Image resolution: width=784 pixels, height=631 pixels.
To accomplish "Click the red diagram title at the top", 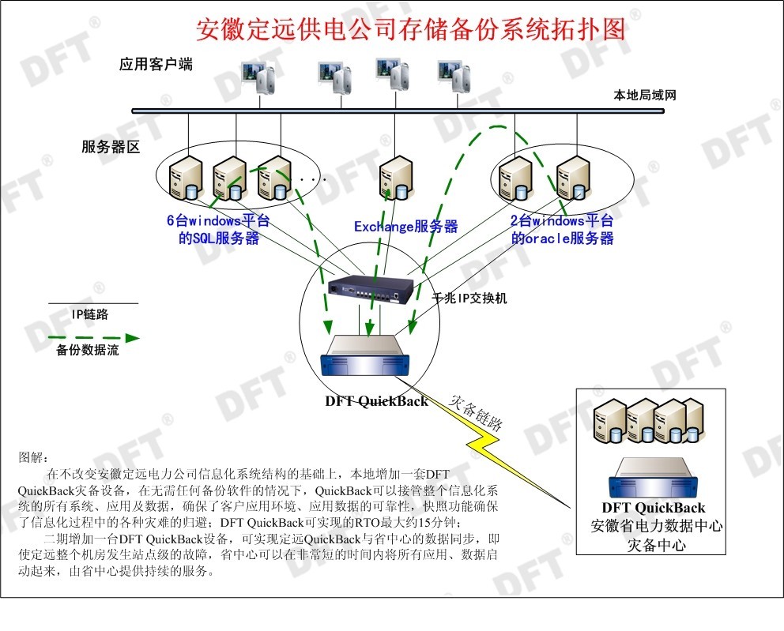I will [x=410, y=29].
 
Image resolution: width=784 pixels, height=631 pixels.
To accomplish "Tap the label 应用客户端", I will [x=156, y=65].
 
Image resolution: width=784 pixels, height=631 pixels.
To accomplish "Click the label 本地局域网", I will [x=645, y=96].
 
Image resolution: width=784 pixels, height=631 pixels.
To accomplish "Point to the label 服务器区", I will [x=111, y=148].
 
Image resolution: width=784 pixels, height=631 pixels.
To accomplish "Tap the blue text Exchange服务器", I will [x=405, y=227].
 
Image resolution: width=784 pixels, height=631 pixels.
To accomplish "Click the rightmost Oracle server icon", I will [x=572, y=177].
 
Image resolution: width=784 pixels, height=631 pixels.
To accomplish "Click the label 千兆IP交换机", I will [x=469, y=299].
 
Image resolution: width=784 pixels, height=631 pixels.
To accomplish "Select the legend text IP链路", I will [x=91, y=314].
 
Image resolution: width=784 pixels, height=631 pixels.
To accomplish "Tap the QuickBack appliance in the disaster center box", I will [x=653, y=477].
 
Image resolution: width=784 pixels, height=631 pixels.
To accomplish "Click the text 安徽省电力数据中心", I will [x=657, y=526].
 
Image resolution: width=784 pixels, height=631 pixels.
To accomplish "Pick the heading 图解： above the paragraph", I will [x=33, y=457].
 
